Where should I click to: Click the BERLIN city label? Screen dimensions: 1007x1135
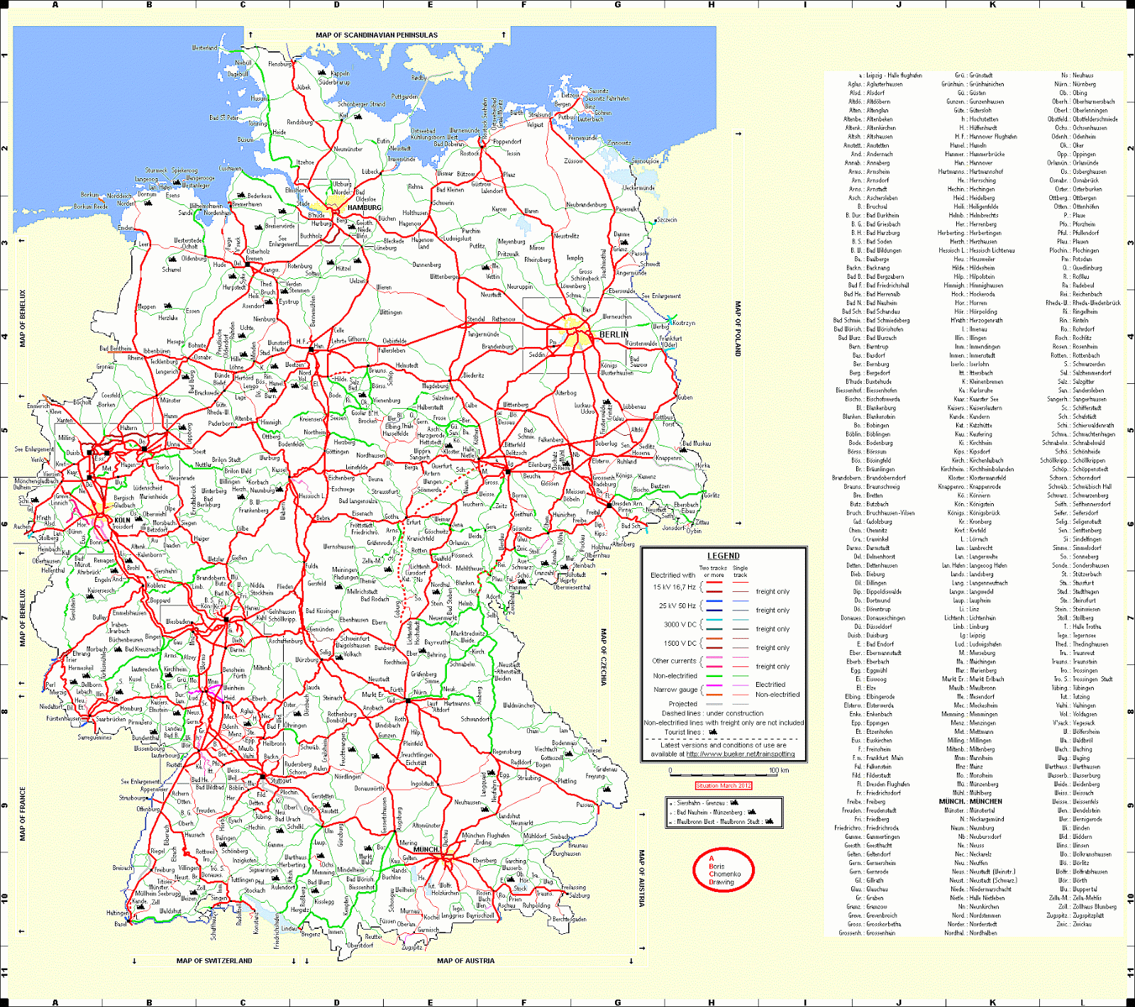click(614, 334)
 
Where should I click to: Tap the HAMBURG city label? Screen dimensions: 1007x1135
click(365, 208)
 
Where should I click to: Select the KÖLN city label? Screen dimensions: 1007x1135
click(122, 520)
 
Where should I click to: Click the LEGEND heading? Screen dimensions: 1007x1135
click(723, 556)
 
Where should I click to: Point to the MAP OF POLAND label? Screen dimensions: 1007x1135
click(738, 329)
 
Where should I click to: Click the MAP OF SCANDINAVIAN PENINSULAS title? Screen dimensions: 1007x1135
click(377, 35)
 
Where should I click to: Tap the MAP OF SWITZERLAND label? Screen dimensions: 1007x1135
click(214, 961)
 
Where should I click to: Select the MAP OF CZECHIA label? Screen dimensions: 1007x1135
click(604, 656)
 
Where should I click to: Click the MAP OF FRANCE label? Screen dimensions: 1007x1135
click(22, 813)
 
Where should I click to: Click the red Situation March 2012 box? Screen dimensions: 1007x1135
click(723, 786)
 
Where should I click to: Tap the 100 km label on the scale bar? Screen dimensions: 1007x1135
click(779, 770)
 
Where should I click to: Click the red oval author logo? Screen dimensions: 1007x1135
click(723, 870)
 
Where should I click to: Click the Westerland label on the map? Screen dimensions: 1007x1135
click(205, 48)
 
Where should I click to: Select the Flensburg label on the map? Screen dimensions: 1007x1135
click(279, 65)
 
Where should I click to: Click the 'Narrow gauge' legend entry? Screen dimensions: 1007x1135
click(675, 690)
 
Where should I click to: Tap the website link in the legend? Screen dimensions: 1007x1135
click(741, 754)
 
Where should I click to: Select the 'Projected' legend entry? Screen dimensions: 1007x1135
click(682, 704)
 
